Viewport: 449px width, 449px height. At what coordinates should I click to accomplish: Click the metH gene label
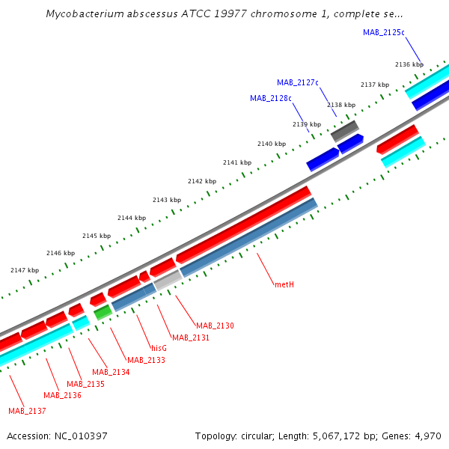click(284, 284)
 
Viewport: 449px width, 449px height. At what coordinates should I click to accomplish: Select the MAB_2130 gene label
click(215, 326)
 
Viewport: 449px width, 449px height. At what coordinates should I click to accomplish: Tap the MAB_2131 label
click(191, 338)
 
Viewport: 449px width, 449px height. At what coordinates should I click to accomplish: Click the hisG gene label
click(159, 348)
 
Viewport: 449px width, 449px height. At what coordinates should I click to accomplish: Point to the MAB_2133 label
click(146, 360)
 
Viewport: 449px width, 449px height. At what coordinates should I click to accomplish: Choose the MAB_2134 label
click(111, 372)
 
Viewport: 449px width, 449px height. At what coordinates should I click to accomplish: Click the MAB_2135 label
click(85, 384)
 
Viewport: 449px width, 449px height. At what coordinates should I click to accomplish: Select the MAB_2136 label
click(62, 395)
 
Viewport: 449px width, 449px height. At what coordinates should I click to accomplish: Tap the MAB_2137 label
click(27, 411)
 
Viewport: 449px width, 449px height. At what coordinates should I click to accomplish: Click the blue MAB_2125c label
click(383, 32)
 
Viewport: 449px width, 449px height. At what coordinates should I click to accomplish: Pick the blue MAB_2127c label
click(298, 82)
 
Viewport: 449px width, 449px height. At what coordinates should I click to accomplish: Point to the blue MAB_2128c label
click(271, 98)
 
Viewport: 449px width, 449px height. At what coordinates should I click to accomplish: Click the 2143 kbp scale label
click(166, 200)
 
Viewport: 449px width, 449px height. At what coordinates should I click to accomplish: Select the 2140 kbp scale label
click(271, 144)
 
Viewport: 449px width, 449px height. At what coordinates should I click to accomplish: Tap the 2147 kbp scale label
click(24, 269)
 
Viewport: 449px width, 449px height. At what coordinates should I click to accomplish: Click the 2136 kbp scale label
click(409, 65)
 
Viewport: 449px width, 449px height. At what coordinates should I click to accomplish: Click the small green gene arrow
click(102, 312)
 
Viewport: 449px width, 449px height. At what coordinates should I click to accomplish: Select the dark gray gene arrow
click(345, 129)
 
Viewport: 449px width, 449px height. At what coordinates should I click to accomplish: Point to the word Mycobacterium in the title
click(82, 13)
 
